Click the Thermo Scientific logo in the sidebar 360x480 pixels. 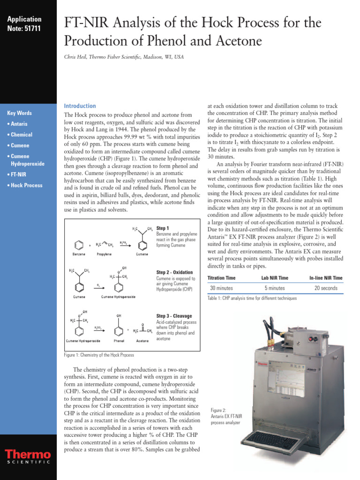coord(28,457)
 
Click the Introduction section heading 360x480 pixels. coord(80,106)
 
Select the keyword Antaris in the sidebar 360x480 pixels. coord(19,124)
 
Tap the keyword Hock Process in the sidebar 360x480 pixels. coord(26,185)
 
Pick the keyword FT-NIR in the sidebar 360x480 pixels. coord(18,174)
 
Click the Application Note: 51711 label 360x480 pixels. coord(24,23)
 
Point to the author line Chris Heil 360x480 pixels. coord(124,57)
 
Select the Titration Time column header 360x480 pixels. coord(221,278)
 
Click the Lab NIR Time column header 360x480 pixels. coord(274,278)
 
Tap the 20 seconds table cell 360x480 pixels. coord(326,288)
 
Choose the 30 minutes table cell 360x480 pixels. coord(222,288)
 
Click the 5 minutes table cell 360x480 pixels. coord(274,288)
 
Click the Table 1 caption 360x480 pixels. coord(252,298)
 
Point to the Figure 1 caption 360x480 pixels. coord(99,355)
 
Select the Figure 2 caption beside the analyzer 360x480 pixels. coord(225,416)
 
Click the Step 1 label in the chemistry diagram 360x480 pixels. coord(163,228)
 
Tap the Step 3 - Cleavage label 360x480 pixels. coord(174,316)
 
